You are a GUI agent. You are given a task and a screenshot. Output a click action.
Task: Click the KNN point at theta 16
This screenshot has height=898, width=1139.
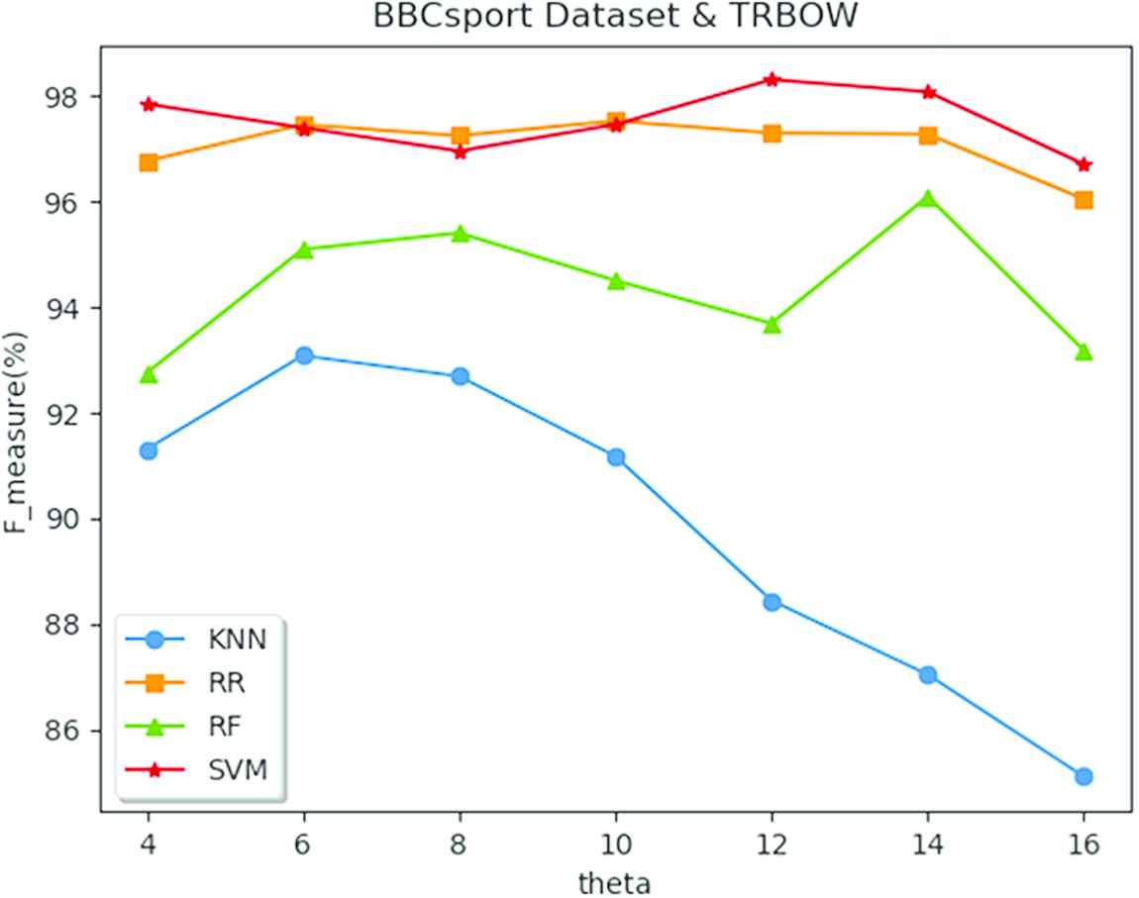tap(1084, 776)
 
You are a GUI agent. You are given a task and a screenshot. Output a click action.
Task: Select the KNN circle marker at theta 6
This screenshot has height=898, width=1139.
tap(304, 355)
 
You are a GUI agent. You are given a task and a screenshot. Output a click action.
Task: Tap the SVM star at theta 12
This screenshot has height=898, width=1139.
tap(772, 79)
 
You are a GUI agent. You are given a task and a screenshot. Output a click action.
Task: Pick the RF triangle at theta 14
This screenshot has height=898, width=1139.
tap(928, 199)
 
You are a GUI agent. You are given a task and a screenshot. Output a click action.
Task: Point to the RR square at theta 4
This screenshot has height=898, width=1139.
tap(149, 162)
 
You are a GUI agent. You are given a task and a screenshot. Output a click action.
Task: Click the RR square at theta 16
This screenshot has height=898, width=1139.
tap(1084, 200)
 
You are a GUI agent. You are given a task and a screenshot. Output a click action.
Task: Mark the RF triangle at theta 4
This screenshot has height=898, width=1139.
tap(149, 374)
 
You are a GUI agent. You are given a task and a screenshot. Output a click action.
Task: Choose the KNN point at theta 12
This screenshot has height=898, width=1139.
tap(772, 602)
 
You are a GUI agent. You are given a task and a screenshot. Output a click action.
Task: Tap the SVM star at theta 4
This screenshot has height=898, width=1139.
tap(149, 104)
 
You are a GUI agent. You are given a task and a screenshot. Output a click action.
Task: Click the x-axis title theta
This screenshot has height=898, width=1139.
tap(615, 880)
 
